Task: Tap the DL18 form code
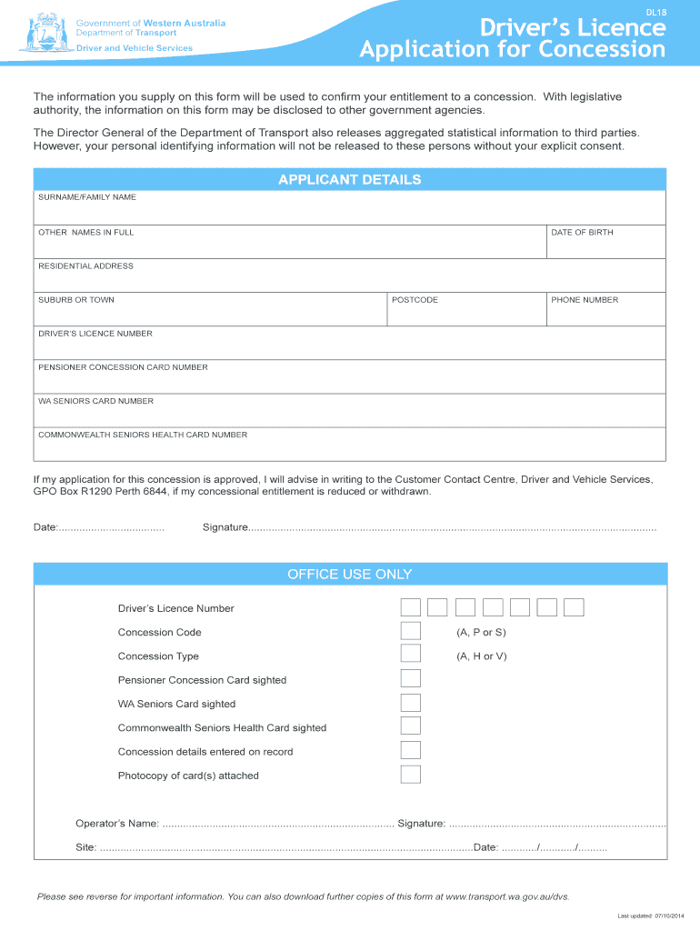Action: click(655, 13)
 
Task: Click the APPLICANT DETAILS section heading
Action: click(350, 179)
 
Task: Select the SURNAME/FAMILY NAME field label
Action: click(86, 197)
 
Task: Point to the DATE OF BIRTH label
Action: click(582, 233)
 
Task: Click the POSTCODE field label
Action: click(415, 300)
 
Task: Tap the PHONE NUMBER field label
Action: click(584, 300)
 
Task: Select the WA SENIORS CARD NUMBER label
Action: click(95, 401)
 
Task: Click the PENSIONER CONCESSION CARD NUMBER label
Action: click(123, 367)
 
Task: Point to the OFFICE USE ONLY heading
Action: click(350, 574)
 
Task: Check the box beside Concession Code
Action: click(411, 632)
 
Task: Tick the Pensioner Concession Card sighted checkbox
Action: click(411, 679)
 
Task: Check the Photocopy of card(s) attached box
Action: click(411, 775)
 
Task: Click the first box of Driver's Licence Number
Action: click(411, 608)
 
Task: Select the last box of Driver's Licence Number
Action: click(574, 608)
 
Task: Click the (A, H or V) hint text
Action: click(482, 656)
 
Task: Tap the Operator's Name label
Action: click(117, 824)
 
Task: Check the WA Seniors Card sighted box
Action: click(411, 703)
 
